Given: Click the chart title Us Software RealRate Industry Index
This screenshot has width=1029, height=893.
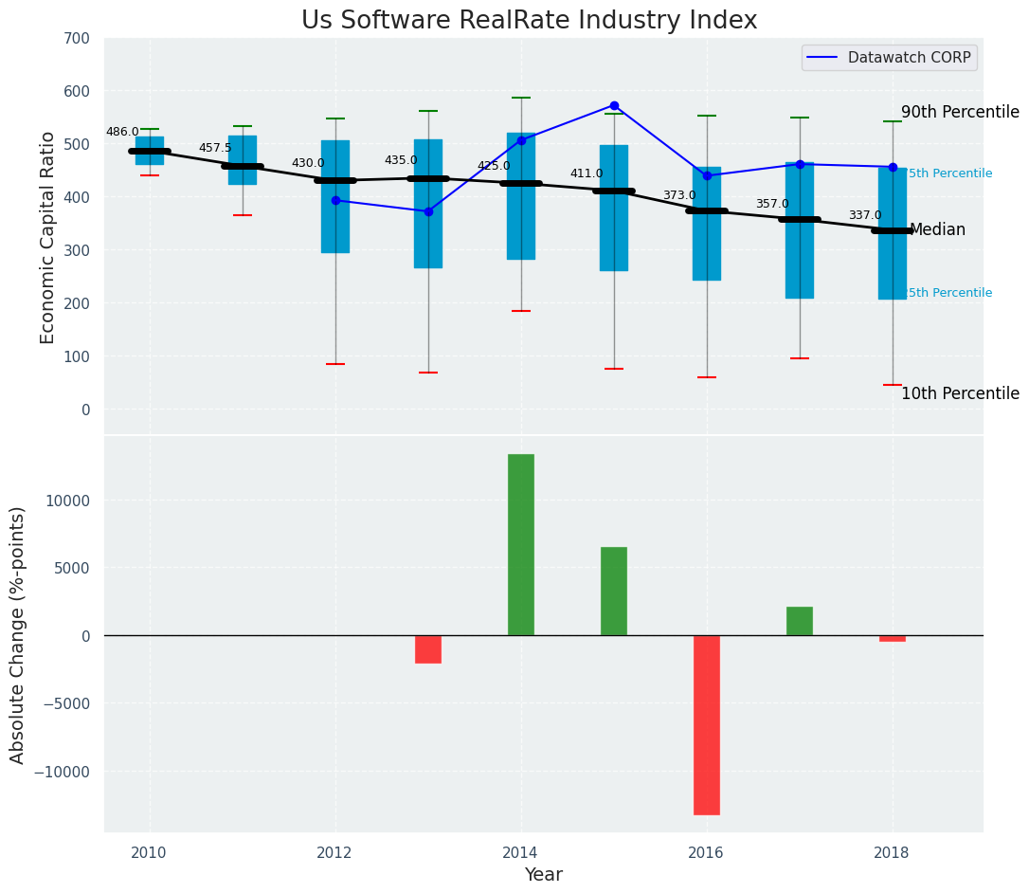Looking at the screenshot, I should click(x=529, y=21).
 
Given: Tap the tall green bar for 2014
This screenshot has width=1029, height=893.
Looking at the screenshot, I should click(x=521, y=544).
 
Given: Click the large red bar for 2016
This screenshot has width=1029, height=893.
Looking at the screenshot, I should click(x=707, y=724).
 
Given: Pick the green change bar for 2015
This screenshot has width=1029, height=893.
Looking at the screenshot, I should click(x=614, y=591).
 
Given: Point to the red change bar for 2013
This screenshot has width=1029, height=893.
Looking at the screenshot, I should click(x=428, y=649).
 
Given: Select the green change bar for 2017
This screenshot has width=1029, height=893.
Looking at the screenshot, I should click(x=800, y=621).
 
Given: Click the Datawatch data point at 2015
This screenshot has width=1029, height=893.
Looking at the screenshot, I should click(x=614, y=106).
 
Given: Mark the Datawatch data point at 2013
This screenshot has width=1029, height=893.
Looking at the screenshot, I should click(x=428, y=211).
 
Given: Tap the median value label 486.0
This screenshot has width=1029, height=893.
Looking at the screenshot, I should click(x=122, y=133).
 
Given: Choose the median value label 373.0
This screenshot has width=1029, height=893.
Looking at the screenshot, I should click(x=679, y=196).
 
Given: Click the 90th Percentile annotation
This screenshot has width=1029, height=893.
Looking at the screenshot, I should click(x=960, y=112).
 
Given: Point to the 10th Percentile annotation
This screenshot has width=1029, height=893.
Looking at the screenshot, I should click(x=960, y=394).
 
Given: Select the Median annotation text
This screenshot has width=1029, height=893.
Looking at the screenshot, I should click(x=937, y=230).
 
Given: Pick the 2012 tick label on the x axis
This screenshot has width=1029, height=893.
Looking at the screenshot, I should click(x=334, y=852).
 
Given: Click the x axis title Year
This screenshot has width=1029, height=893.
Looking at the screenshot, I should click(x=544, y=875).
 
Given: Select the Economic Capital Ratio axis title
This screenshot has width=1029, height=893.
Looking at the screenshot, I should click(x=48, y=237).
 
